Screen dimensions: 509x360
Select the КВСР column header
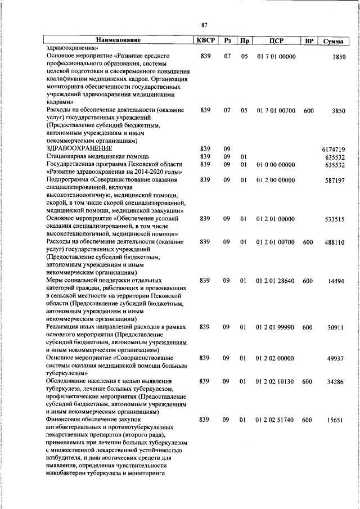205,40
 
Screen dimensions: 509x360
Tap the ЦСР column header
276,40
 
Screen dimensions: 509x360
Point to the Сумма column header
333,41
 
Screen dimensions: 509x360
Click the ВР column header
308,40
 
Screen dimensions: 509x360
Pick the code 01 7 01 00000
276,57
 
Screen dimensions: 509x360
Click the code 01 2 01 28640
276,281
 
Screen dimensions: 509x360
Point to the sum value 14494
336,281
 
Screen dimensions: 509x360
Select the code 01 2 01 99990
276,327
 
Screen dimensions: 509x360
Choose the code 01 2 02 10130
276,381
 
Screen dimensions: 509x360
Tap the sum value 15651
336,420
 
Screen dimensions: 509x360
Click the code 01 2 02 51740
276,420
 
